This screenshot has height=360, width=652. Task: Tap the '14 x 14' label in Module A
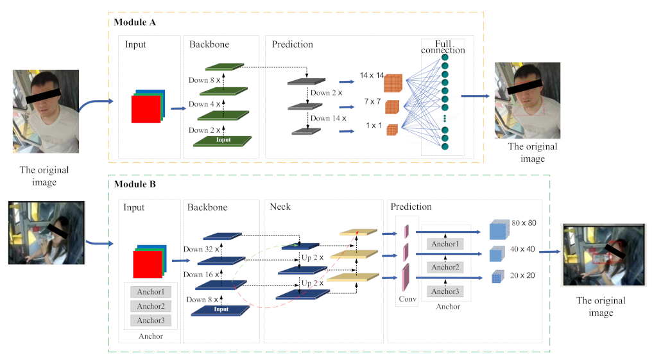click(372, 76)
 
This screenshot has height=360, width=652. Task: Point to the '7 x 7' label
click(373, 102)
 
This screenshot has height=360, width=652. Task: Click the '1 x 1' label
click(373, 126)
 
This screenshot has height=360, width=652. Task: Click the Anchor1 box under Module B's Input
click(151, 292)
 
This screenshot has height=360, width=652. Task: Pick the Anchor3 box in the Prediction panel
click(445, 291)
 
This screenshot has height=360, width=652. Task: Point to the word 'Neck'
click(280, 207)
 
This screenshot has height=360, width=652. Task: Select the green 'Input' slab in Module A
click(223, 140)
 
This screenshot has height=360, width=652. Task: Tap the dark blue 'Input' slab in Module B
click(220, 310)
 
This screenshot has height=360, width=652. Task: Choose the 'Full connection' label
click(443, 47)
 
